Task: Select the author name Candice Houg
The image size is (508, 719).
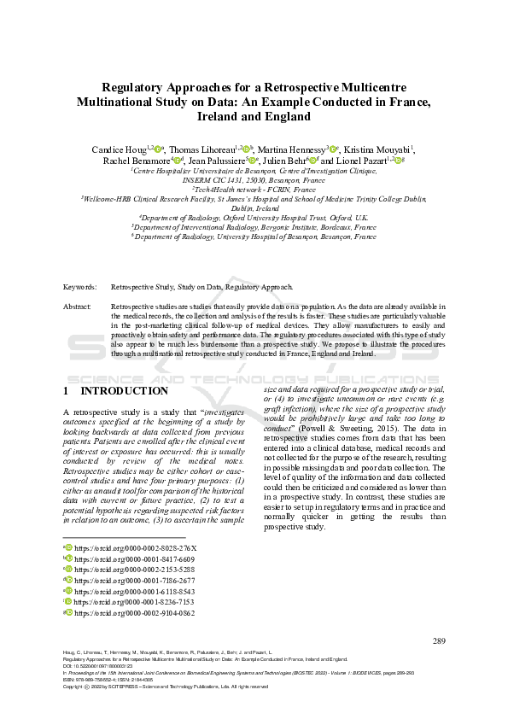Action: click(x=119, y=149)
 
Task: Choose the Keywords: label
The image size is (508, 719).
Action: click(x=81, y=287)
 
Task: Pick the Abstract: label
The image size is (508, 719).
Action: click(x=79, y=306)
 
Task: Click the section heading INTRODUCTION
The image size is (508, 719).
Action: click(x=124, y=391)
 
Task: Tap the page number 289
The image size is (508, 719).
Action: click(x=440, y=640)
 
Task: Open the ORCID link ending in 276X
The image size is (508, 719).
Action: click(x=135, y=547)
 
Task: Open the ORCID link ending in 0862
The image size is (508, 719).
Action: click(x=135, y=613)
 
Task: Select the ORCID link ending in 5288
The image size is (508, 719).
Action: click(x=135, y=570)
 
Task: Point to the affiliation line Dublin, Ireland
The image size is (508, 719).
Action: click(x=254, y=208)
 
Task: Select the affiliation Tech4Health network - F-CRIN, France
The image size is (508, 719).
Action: click(x=254, y=189)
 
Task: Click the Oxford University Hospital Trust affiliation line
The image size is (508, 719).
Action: click(x=254, y=218)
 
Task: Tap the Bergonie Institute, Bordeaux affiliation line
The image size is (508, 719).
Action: click(x=254, y=227)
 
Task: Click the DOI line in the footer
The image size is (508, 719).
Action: click(x=98, y=666)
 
